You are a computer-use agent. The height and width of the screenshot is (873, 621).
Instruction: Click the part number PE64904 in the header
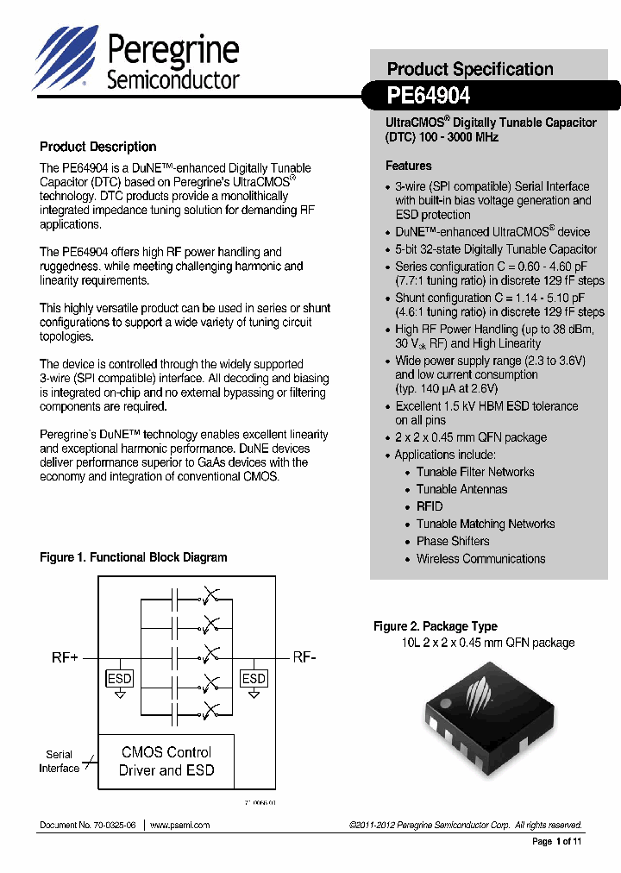(x=429, y=94)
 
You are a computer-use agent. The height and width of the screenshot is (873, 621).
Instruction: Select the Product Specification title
(x=470, y=69)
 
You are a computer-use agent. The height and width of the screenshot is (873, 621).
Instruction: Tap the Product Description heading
(x=98, y=147)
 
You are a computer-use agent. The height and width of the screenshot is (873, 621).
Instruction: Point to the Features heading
(x=408, y=166)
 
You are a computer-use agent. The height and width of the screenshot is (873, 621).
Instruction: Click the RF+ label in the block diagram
(x=65, y=658)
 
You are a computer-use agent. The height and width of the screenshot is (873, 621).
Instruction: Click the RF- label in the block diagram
(x=304, y=657)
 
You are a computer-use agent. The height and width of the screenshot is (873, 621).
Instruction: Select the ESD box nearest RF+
(x=120, y=679)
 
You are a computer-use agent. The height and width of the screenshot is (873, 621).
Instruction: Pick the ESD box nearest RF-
(x=254, y=679)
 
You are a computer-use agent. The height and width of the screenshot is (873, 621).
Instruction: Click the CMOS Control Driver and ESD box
(x=166, y=761)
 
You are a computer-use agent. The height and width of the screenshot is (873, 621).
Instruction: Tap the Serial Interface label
(x=59, y=761)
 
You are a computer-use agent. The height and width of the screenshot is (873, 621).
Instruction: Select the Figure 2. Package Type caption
(x=435, y=626)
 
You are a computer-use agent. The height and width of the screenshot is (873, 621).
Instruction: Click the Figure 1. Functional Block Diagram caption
(x=134, y=557)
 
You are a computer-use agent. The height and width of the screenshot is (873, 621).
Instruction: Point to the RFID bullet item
(x=430, y=506)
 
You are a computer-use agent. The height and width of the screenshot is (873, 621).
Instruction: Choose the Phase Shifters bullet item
(x=453, y=541)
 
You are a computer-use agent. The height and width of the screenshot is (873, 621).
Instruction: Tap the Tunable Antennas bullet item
(x=461, y=489)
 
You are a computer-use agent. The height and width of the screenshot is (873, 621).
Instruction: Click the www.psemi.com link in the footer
(x=179, y=826)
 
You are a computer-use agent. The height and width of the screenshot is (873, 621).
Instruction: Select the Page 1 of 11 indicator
(x=557, y=841)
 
